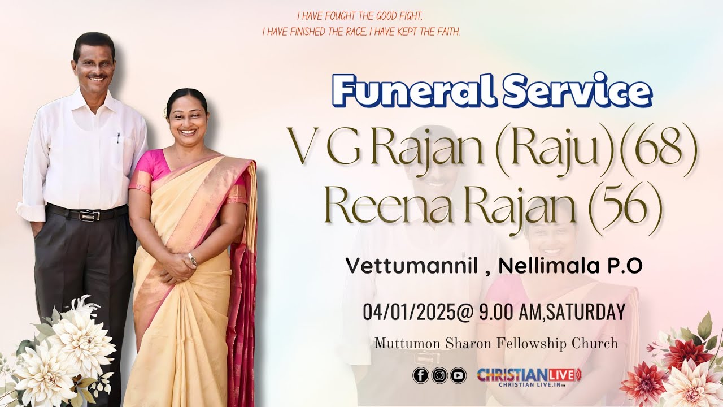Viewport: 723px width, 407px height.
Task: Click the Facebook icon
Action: click(x=420, y=375)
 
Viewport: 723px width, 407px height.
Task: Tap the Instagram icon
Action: click(x=439, y=375)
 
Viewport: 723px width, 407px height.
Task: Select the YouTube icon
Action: click(x=458, y=375)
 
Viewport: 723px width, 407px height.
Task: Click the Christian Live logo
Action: click(x=529, y=376)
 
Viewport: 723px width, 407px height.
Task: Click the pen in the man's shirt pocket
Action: click(x=118, y=137)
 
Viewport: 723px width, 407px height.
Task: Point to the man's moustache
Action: click(x=97, y=74)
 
